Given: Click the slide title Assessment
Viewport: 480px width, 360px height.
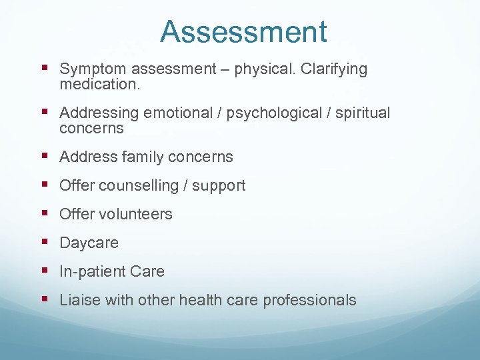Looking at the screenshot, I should pyautogui.click(x=243, y=32).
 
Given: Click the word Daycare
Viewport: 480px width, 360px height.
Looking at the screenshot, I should pyautogui.click(x=89, y=243).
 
